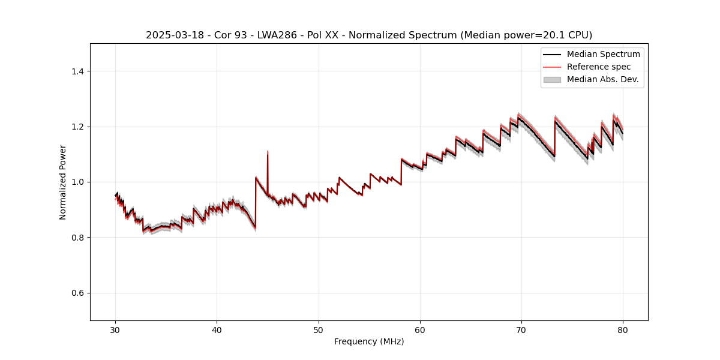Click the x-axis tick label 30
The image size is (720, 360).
pos(116,329)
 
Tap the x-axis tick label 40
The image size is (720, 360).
pos(217,329)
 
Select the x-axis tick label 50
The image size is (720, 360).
pos(319,329)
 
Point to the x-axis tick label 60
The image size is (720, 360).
pos(420,329)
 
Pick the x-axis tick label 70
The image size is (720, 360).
pos(521,329)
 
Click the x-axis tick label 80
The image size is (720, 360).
pos(623,329)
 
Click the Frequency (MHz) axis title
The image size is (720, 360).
pos(369,341)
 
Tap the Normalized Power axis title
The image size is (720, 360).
pos(63,182)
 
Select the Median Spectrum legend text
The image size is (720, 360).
pos(603,54)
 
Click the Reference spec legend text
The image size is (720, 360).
pos(598,67)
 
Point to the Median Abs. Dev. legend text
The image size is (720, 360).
pos(602,79)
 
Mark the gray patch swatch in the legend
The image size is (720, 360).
pos(552,79)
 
